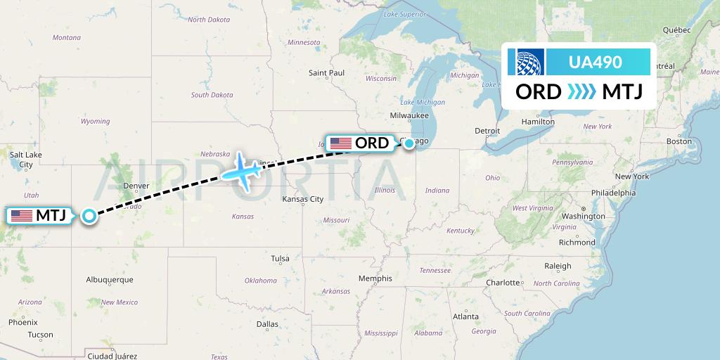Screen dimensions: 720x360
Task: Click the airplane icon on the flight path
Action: tap(241, 170)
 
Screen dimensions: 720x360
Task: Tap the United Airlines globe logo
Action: tap(530, 63)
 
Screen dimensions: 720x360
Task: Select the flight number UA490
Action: tap(598, 63)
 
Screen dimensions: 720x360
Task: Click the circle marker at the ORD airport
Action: tap(409, 143)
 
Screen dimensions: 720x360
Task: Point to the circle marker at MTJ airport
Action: tap(89, 216)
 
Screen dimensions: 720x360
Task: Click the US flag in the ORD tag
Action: tap(341, 143)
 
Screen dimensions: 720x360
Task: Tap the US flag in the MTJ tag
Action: tap(22, 216)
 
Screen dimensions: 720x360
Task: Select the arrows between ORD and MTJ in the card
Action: tap(581, 92)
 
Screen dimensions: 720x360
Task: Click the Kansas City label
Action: tap(303, 199)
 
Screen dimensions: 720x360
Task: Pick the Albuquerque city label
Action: tap(109, 279)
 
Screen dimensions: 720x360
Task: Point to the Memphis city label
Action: tap(375, 278)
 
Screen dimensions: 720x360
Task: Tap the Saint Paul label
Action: tap(327, 72)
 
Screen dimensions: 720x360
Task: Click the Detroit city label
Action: tap(487, 131)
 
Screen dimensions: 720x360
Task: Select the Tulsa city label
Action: tap(280, 259)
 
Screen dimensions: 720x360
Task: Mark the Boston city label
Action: tap(679, 141)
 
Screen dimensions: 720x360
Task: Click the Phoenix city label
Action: tap(22, 322)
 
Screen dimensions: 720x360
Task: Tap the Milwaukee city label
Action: tap(410, 115)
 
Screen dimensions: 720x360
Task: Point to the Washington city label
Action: tap(584, 216)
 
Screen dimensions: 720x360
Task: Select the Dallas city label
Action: tap(267, 324)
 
